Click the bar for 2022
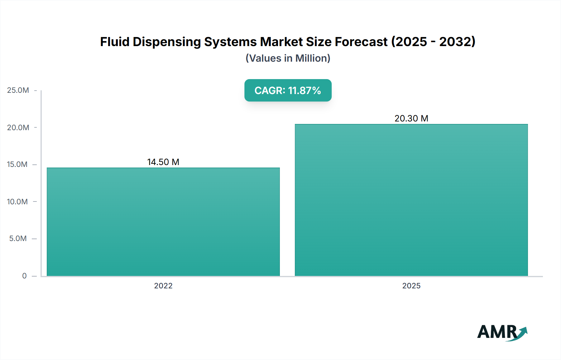tap(163, 222)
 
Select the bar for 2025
tap(411, 200)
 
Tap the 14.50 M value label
tap(163, 162)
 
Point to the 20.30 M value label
tap(411, 118)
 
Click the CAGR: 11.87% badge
tap(288, 90)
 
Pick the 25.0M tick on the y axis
tap(18, 90)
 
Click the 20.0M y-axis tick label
tap(18, 127)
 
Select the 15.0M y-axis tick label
tap(17, 164)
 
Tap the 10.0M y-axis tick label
tap(17, 201)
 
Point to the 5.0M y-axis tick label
tap(18, 239)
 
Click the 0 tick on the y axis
tap(24, 276)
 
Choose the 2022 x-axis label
tap(163, 286)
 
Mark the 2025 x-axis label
tap(411, 286)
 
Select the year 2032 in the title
tap(455, 42)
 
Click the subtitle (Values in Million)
tap(288, 58)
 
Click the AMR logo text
tap(497, 332)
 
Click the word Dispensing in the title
tap(167, 42)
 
